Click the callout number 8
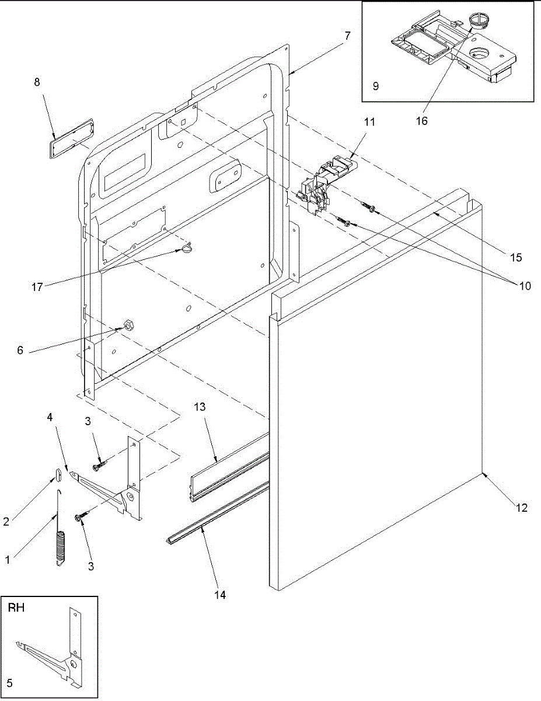pyautogui.click(x=37, y=82)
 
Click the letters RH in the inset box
pyautogui.click(x=16, y=608)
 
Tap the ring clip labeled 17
pyautogui.click(x=186, y=249)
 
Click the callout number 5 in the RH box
pyautogui.click(x=9, y=683)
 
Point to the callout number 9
pyautogui.click(x=375, y=86)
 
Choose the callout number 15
pyautogui.click(x=515, y=256)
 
